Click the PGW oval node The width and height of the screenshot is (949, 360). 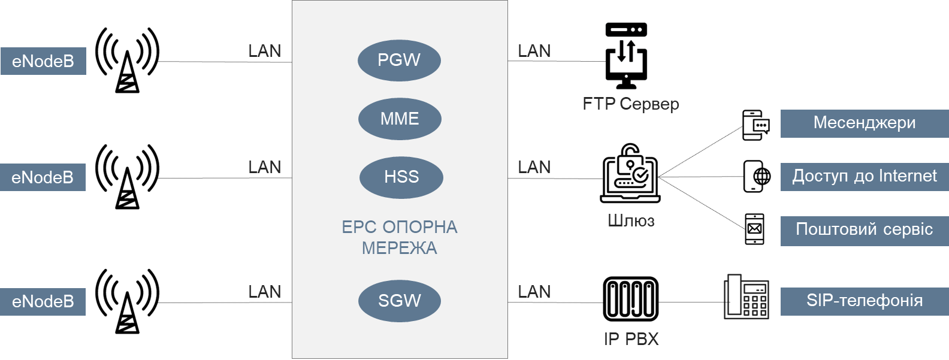tap(399, 60)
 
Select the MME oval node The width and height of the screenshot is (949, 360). tap(400, 119)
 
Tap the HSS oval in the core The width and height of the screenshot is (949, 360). tap(401, 177)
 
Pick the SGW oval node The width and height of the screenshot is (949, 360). tap(400, 301)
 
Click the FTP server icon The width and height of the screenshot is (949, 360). tap(626, 56)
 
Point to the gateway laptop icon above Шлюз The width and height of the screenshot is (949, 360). tap(630, 173)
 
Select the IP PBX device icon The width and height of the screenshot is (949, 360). tap(631, 299)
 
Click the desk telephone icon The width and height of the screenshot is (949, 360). tap(746, 297)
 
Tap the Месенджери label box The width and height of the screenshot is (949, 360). tap(865, 123)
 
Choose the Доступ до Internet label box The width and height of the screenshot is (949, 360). tap(865, 177)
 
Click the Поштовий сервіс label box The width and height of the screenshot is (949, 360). tap(865, 231)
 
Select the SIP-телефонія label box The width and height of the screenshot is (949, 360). tap(865, 301)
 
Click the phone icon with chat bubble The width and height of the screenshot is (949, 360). tap(756, 125)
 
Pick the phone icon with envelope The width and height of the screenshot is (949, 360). tap(754, 229)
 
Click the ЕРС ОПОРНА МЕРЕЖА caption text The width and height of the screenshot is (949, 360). tap(400, 237)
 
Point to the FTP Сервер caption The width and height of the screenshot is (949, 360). tap(631, 104)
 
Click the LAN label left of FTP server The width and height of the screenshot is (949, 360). tap(534, 51)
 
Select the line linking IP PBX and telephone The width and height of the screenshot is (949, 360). tap(691, 302)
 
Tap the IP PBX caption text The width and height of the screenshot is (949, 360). tap(631, 339)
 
